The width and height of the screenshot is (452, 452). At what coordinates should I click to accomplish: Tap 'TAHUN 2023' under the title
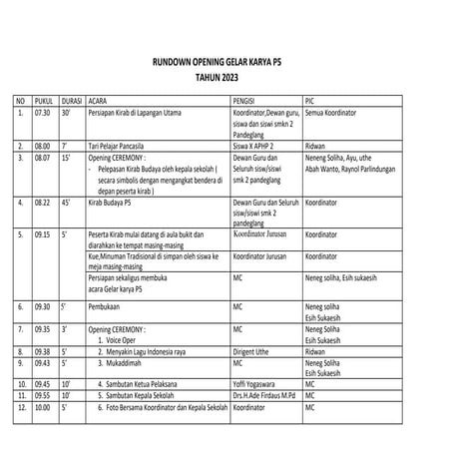pos(225,78)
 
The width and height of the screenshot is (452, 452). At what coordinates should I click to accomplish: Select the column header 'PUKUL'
pos(44,103)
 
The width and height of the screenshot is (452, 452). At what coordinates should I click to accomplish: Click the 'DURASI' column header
pos(71,103)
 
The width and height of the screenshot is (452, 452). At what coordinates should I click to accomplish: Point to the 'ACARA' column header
pos(99,103)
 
